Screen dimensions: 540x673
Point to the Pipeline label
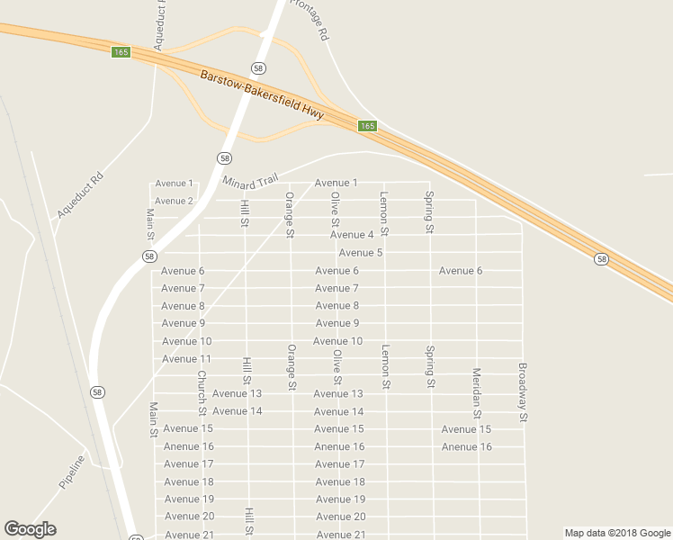click(x=72, y=472)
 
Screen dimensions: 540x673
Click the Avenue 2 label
click(x=174, y=201)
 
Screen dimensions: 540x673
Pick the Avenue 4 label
click(x=352, y=235)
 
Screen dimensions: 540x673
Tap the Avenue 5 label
click(x=361, y=253)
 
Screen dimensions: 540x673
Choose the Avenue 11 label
click(x=186, y=359)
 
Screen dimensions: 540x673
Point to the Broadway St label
click(x=522, y=392)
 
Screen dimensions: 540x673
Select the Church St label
click(x=202, y=388)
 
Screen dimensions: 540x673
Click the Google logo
click(x=30, y=529)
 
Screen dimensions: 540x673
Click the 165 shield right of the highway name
click(x=367, y=126)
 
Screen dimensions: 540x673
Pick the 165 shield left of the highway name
click(x=121, y=52)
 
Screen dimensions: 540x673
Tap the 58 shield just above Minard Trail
click(x=224, y=157)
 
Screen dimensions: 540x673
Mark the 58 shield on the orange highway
click(x=601, y=259)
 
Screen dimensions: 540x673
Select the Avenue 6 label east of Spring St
click(x=461, y=271)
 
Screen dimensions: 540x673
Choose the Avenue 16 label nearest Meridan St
click(x=467, y=447)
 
